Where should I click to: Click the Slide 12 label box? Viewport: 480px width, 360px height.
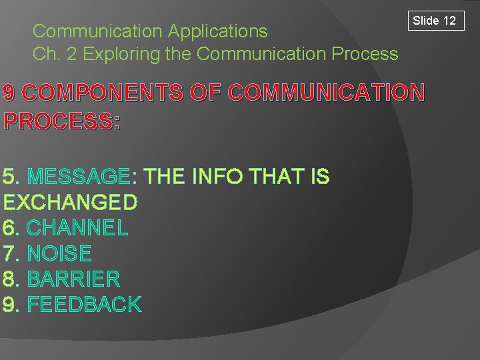[x=434, y=21]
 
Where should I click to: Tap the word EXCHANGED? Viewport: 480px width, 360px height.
[x=70, y=202]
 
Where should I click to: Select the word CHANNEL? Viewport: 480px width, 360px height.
[x=77, y=228]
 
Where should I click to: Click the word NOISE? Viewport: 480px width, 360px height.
[x=59, y=253]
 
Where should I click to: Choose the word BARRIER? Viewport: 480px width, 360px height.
[x=73, y=279]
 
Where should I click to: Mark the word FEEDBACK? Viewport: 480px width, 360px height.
[x=84, y=305]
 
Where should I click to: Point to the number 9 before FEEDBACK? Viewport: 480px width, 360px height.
[x=9, y=305]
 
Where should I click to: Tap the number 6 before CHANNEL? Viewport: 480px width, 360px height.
[x=9, y=228]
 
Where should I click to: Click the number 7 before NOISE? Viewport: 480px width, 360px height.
[x=9, y=253]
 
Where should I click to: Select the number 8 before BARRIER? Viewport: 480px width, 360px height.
[x=9, y=279]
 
